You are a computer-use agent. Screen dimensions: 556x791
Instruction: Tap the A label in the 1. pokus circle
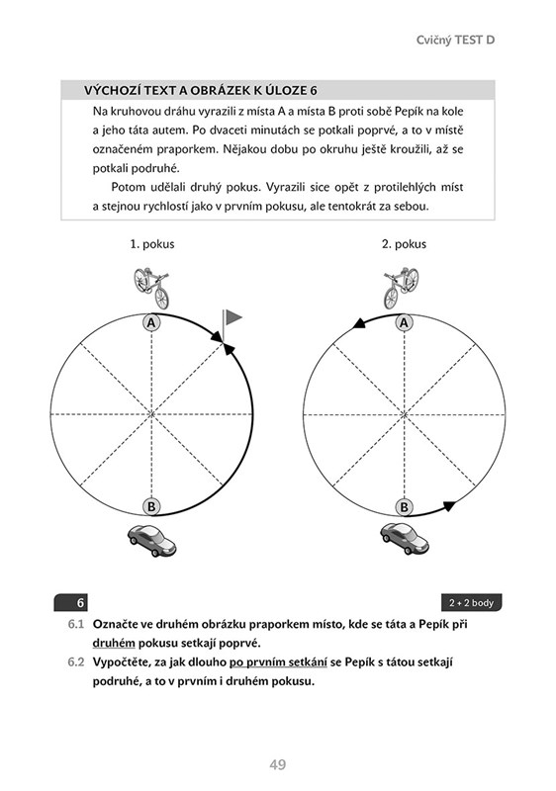(150, 323)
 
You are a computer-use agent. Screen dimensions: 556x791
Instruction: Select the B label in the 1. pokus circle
(150, 506)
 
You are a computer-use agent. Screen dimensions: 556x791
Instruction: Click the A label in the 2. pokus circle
(404, 323)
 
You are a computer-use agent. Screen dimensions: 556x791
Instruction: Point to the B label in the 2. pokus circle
(404, 506)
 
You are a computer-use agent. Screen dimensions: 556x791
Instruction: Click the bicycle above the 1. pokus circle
(151, 287)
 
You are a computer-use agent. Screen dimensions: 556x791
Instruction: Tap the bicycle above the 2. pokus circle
(402, 288)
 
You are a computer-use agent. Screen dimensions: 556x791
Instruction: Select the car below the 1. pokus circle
(151, 541)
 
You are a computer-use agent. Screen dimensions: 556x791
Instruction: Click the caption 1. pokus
(152, 244)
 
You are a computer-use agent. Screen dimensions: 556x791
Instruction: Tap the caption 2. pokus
(404, 244)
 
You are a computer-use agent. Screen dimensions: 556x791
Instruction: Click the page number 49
(278, 764)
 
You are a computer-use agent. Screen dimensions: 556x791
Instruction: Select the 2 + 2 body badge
(471, 603)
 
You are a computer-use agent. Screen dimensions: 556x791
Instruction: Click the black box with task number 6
(70, 603)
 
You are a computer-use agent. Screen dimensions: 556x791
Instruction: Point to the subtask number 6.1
(75, 625)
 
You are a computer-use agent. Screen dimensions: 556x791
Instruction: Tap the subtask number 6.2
(75, 662)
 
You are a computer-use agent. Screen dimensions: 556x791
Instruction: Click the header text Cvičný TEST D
(456, 41)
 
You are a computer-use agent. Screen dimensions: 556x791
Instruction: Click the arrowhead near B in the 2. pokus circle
(449, 506)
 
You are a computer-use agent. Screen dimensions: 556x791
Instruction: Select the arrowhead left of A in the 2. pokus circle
(359, 323)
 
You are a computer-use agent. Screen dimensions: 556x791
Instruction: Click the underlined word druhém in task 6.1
(114, 644)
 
